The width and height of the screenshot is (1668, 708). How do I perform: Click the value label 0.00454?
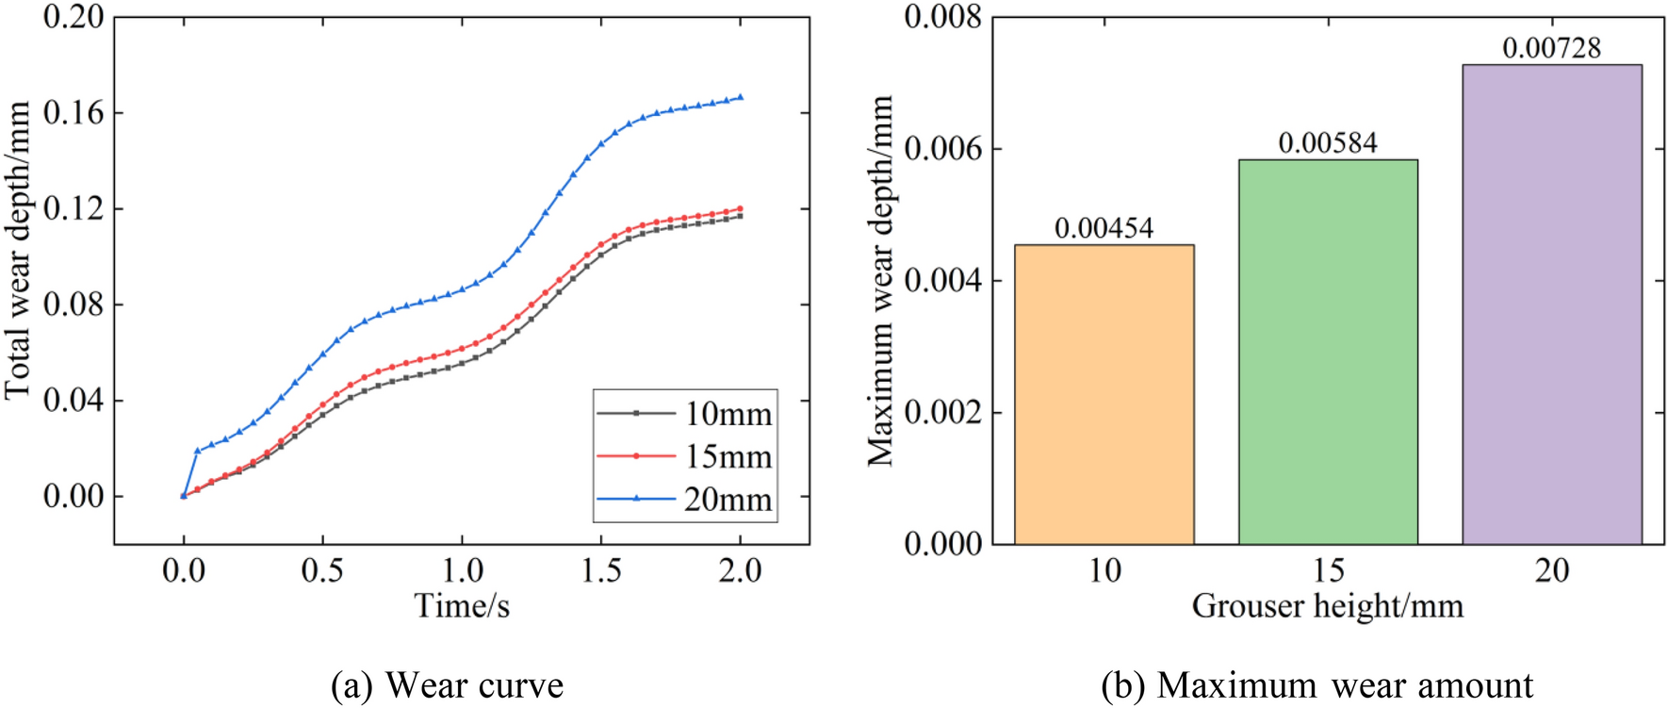1104,228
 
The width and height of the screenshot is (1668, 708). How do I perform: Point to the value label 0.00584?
1328,143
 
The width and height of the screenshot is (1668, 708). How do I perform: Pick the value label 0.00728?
1551,48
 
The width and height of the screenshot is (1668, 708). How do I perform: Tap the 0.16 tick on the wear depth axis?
74,113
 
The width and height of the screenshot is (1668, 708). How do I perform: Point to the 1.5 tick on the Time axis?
601,570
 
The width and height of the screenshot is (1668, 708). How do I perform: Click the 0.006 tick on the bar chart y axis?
942,149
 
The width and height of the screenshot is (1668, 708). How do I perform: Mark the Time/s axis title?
462,606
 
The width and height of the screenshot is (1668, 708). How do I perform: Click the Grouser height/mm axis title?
1327,606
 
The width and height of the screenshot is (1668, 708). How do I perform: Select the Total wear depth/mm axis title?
18,250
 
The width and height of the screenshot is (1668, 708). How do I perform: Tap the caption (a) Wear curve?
447,685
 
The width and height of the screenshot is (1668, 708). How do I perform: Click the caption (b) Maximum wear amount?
1316,685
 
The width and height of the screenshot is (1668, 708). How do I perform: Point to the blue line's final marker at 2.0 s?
740,97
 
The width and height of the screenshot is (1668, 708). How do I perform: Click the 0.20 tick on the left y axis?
74,17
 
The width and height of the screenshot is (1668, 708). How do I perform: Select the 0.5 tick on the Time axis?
322,570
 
